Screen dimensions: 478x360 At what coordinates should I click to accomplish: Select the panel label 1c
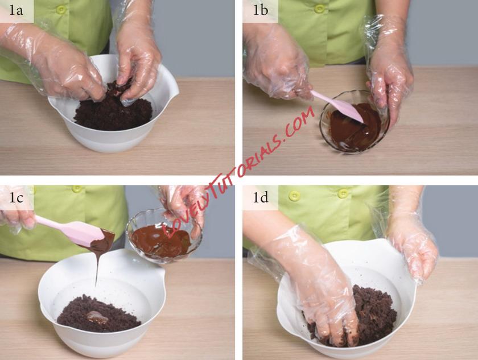[x=16, y=198]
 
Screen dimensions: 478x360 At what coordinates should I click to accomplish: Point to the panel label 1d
[x=261, y=198]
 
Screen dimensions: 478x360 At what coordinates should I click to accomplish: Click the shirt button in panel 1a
[x=61, y=10]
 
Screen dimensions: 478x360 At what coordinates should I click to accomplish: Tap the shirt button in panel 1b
[x=319, y=9]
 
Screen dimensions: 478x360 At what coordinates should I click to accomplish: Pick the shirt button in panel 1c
[x=77, y=189]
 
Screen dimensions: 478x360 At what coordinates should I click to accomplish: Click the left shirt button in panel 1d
[x=295, y=196]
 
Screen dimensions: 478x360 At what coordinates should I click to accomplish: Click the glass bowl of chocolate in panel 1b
[x=355, y=121]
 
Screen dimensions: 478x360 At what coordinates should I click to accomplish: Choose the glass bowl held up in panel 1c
[x=164, y=236]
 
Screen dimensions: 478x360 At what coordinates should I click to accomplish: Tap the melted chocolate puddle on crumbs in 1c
[x=98, y=317]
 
